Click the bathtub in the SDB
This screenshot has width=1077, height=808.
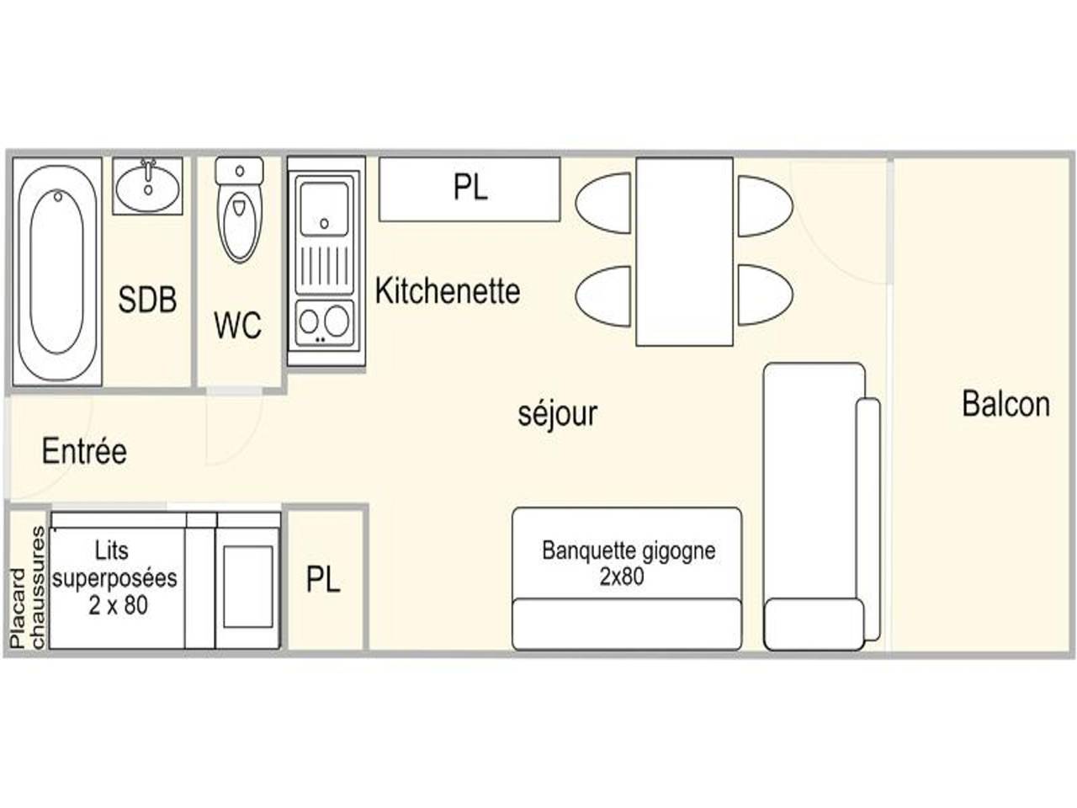click(57, 271)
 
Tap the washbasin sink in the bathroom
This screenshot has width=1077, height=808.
click(148, 184)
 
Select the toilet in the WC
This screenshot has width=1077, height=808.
click(239, 211)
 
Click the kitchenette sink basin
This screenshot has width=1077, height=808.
click(324, 207)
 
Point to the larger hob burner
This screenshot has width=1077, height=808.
click(337, 320)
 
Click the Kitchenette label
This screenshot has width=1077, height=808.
click(447, 291)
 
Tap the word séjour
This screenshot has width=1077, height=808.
click(557, 414)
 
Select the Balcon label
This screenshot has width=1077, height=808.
click(1005, 404)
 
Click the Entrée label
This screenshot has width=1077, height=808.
click(84, 451)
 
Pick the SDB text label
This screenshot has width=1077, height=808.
click(147, 300)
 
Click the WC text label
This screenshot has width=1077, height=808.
click(237, 325)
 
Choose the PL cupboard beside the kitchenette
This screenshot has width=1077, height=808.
click(470, 188)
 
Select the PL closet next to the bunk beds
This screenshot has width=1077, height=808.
click(324, 579)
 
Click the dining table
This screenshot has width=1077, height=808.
click(684, 251)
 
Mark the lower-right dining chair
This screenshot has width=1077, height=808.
click(764, 295)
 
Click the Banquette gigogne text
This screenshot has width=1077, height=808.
click(628, 562)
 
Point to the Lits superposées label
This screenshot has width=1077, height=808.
click(115, 577)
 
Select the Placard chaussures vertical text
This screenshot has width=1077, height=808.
click(27, 587)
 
